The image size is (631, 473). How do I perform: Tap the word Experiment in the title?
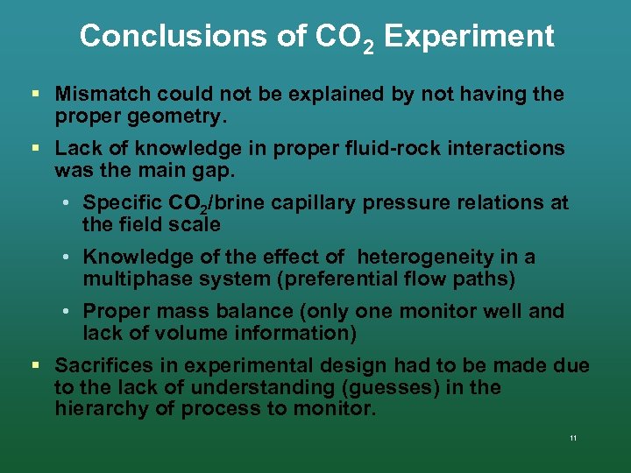point(469,36)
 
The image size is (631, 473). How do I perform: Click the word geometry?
point(178,115)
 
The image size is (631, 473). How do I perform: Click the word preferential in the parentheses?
point(334,279)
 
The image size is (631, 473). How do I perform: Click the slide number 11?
point(572,438)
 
